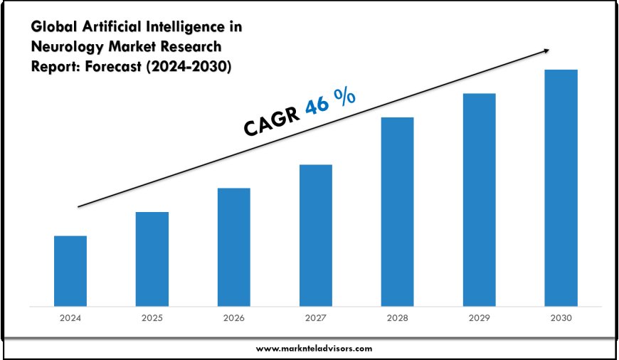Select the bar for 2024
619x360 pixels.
70,271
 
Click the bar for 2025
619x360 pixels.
152,259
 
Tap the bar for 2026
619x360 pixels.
234,247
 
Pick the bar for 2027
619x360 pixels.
316,235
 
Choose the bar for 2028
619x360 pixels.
398,211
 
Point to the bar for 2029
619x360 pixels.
480,200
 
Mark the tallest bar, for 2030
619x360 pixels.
561,188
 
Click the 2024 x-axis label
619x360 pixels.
70,319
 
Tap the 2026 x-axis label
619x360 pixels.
234,319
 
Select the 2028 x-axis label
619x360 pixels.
398,319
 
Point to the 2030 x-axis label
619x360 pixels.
561,319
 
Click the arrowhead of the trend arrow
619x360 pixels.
546,51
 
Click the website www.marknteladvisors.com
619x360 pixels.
314,349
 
